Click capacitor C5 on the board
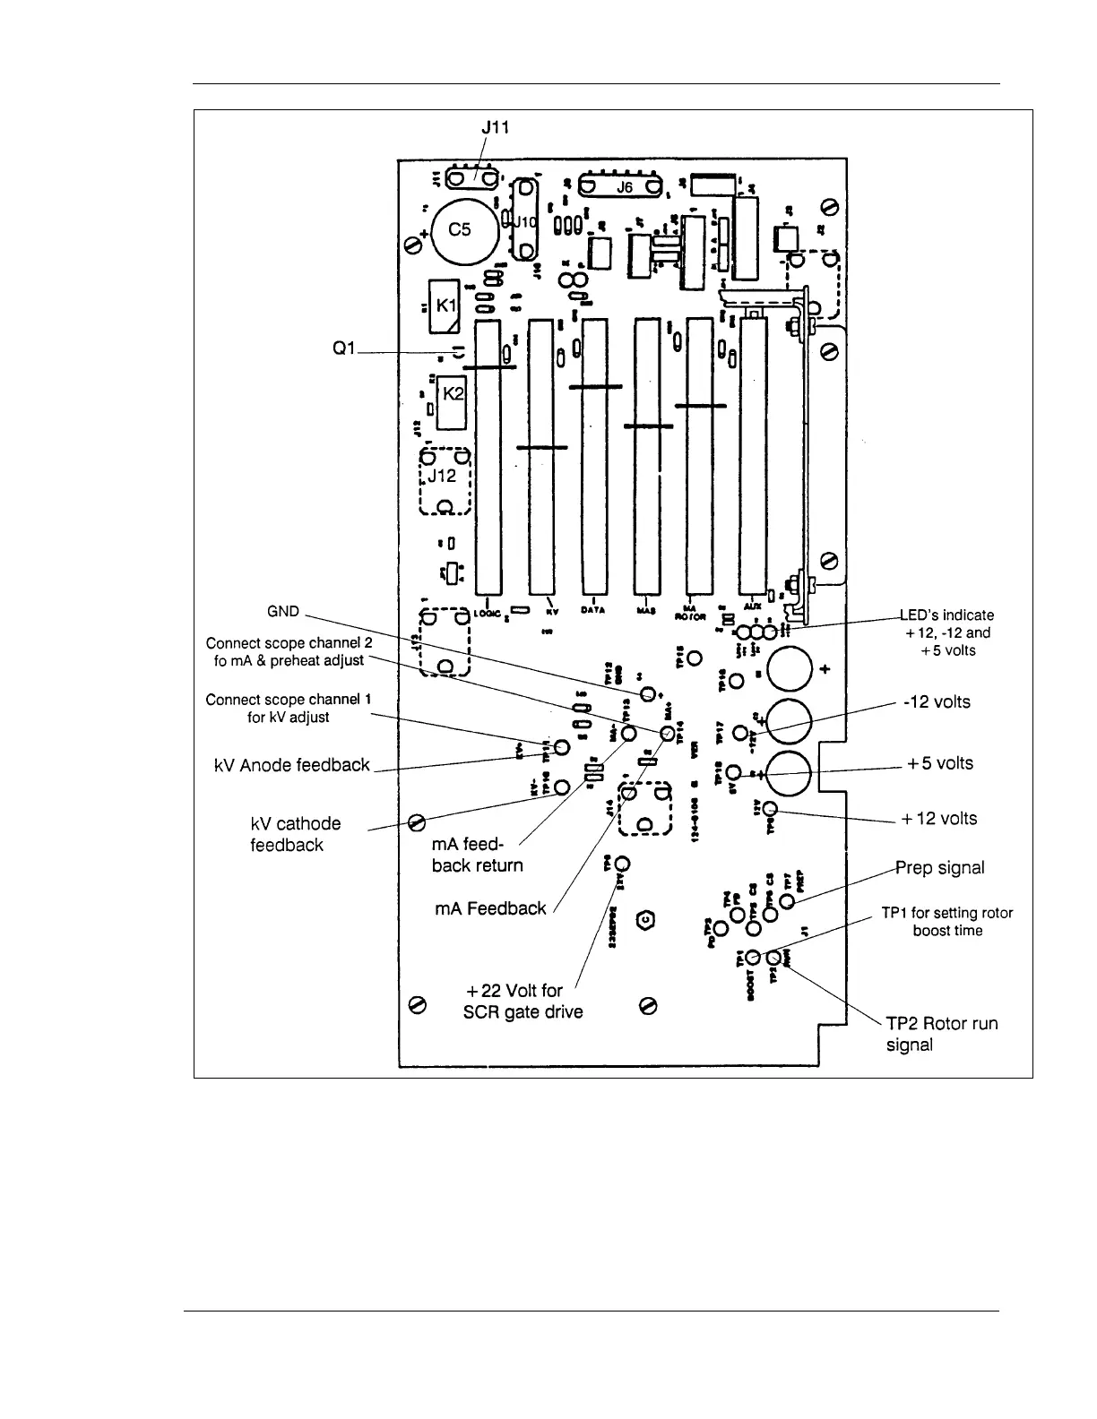tap(465, 231)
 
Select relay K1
tap(445, 305)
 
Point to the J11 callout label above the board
tap(495, 127)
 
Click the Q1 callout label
tap(344, 348)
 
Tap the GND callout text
tap(283, 612)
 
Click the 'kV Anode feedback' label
tap(292, 765)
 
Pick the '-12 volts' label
tap(937, 701)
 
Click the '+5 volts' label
tap(939, 763)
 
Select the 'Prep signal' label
tap(940, 867)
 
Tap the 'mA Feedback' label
tap(490, 908)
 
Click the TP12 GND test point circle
tap(648, 694)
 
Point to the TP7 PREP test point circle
tap(787, 900)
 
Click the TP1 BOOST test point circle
tap(754, 958)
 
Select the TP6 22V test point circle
tap(622, 864)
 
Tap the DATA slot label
tap(592, 610)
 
